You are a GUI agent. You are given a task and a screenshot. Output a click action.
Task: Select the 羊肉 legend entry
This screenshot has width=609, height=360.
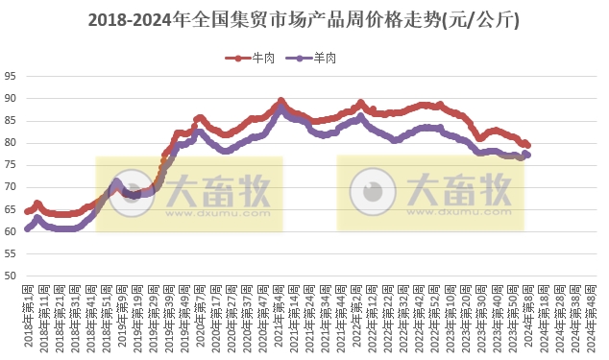[x=318, y=59]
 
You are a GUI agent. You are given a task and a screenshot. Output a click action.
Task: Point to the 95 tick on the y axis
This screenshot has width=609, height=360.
[x=10, y=76]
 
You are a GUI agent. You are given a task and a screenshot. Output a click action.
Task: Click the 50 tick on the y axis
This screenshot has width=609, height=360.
[x=10, y=276]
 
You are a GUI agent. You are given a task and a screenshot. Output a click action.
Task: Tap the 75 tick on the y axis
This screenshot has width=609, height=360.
[x=10, y=165]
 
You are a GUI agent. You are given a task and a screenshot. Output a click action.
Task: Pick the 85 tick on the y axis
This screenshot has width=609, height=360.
[x=10, y=121]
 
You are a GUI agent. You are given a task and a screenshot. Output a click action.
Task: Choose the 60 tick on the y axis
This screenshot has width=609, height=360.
[x=10, y=232]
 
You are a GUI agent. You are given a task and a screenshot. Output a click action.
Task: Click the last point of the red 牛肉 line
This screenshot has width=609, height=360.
[x=527, y=145]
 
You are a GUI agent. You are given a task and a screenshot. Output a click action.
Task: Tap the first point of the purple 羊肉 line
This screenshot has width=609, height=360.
[x=27, y=229]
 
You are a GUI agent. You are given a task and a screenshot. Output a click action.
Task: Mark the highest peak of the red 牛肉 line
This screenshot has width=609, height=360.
[x=280, y=101]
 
